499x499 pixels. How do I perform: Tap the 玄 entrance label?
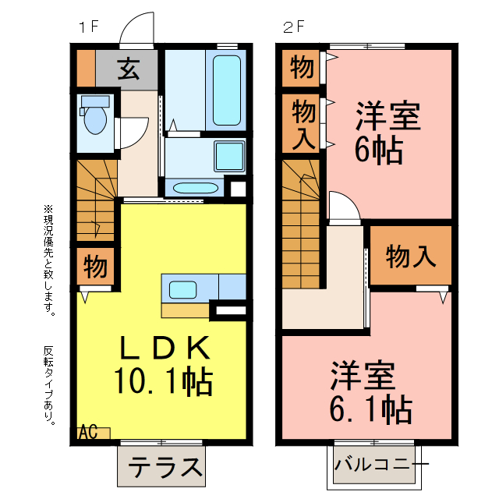[x=129, y=70]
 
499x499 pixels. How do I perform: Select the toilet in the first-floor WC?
[x=95, y=116]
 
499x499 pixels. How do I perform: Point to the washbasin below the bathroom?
[x=194, y=188]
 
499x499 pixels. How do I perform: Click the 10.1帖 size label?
[x=164, y=381]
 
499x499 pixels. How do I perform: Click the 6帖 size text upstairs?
[x=379, y=148]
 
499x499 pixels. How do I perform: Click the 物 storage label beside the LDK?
[x=96, y=267]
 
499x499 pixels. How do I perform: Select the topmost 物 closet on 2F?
[x=302, y=69]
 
